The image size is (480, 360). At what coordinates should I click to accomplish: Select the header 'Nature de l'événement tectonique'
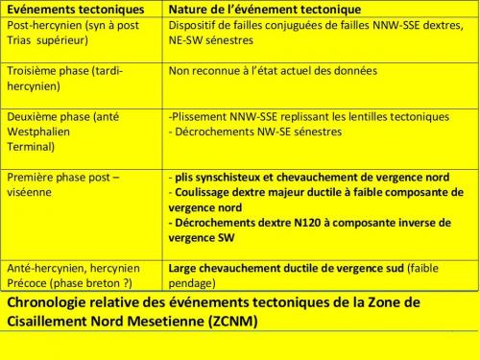tap(252, 9)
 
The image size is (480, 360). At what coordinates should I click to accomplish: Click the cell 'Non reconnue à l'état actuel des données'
tap(273, 70)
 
